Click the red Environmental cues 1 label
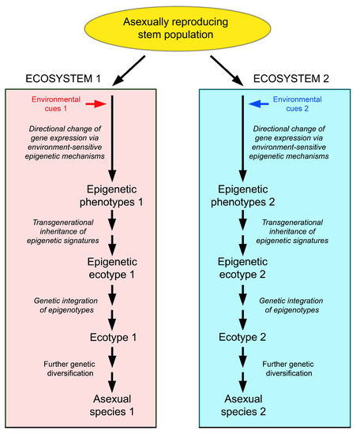(56, 103)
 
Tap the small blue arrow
(258, 103)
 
